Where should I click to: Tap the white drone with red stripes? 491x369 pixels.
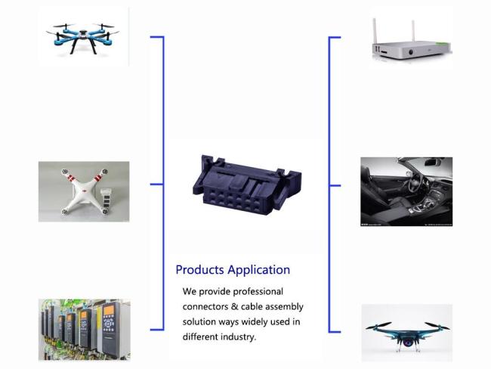coord(83,191)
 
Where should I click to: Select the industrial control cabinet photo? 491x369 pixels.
coord(83,329)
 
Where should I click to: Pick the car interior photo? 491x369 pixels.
coord(406,191)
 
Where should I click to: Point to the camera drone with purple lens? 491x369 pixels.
coord(406,331)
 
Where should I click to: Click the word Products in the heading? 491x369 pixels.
coord(199,270)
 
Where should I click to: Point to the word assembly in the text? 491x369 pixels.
coord(281,307)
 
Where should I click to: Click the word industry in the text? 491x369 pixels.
coord(236,337)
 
